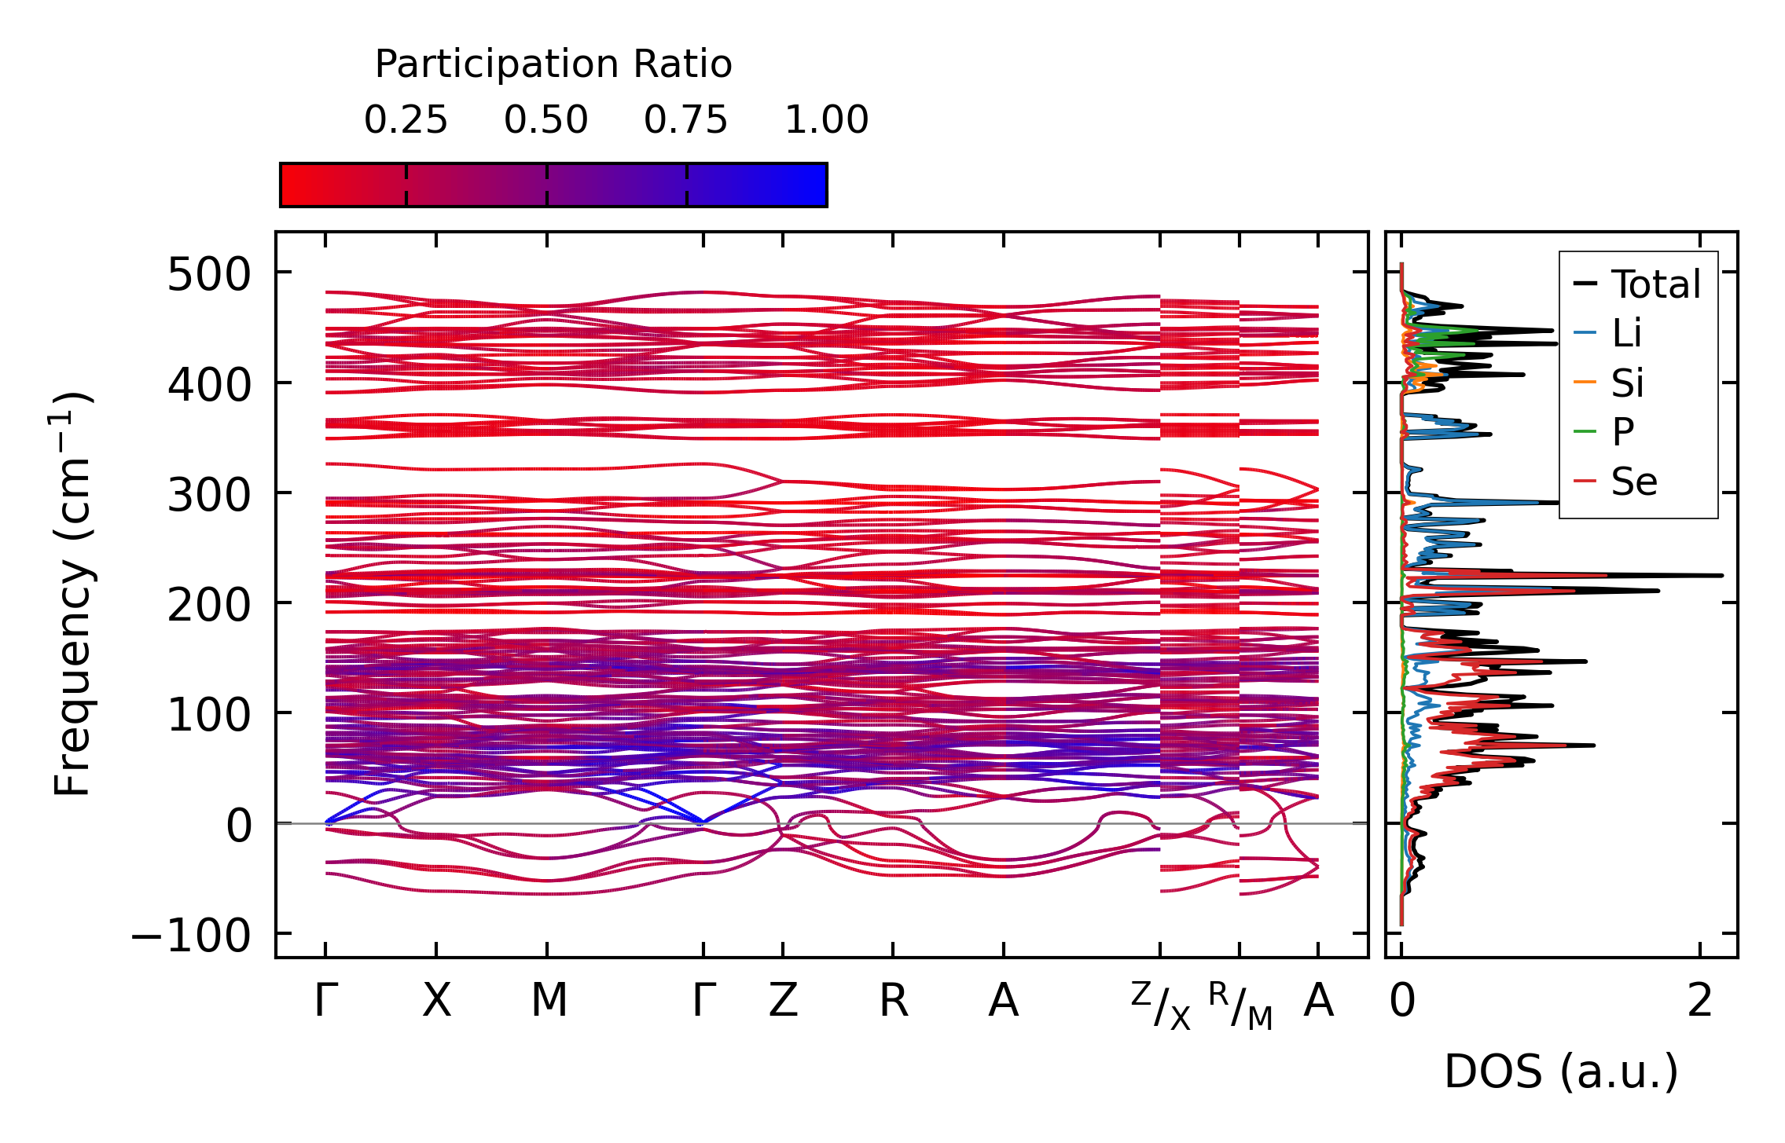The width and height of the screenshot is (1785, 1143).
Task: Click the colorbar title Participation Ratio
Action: tap(553, 64)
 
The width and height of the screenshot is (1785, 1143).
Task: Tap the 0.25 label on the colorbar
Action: tap(406, 120)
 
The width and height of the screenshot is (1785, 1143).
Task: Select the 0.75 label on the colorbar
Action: tap(686, 120)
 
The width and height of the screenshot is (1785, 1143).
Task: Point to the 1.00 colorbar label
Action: tap(827, 120)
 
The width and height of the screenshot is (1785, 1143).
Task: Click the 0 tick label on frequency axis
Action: tap(239, 826)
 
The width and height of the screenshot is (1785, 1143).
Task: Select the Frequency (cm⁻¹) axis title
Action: tap(73, 594)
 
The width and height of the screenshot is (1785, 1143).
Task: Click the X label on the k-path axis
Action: tap(436, 1001)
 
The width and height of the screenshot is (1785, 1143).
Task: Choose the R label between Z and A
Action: tap(894, 1001)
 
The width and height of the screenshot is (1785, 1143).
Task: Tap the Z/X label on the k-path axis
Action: tap(1161, 1006)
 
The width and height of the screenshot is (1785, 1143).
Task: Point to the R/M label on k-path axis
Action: tap(1240, 1006)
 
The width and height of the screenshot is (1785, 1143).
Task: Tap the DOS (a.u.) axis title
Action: tap(1561, 1072)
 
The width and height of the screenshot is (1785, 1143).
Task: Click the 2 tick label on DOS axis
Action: tap(1700, 1001)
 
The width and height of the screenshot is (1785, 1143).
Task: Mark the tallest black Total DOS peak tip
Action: tap(1722, 576)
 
